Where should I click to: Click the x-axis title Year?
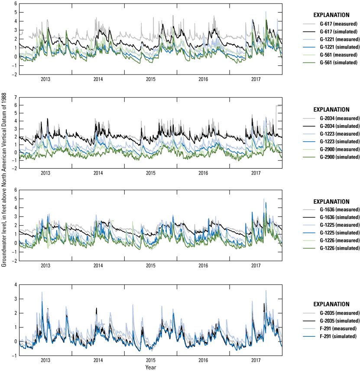click(x=151, y=368)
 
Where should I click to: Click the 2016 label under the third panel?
click(x=203, y=266)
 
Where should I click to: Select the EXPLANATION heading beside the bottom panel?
click(x=331, y=304)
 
